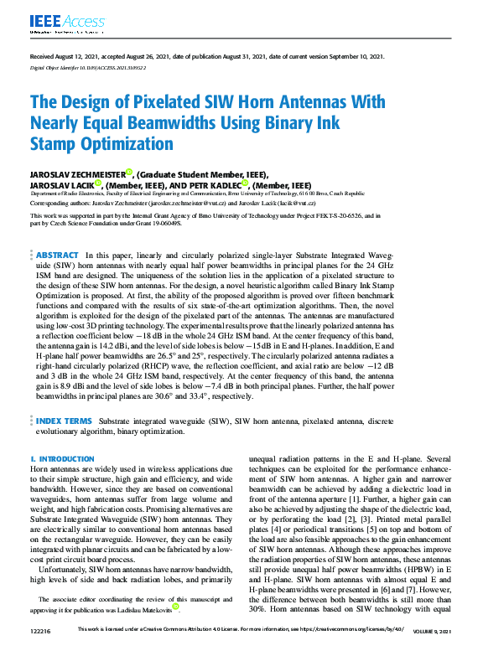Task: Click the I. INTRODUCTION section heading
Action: [62, 459]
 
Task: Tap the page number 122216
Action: [40, 651]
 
